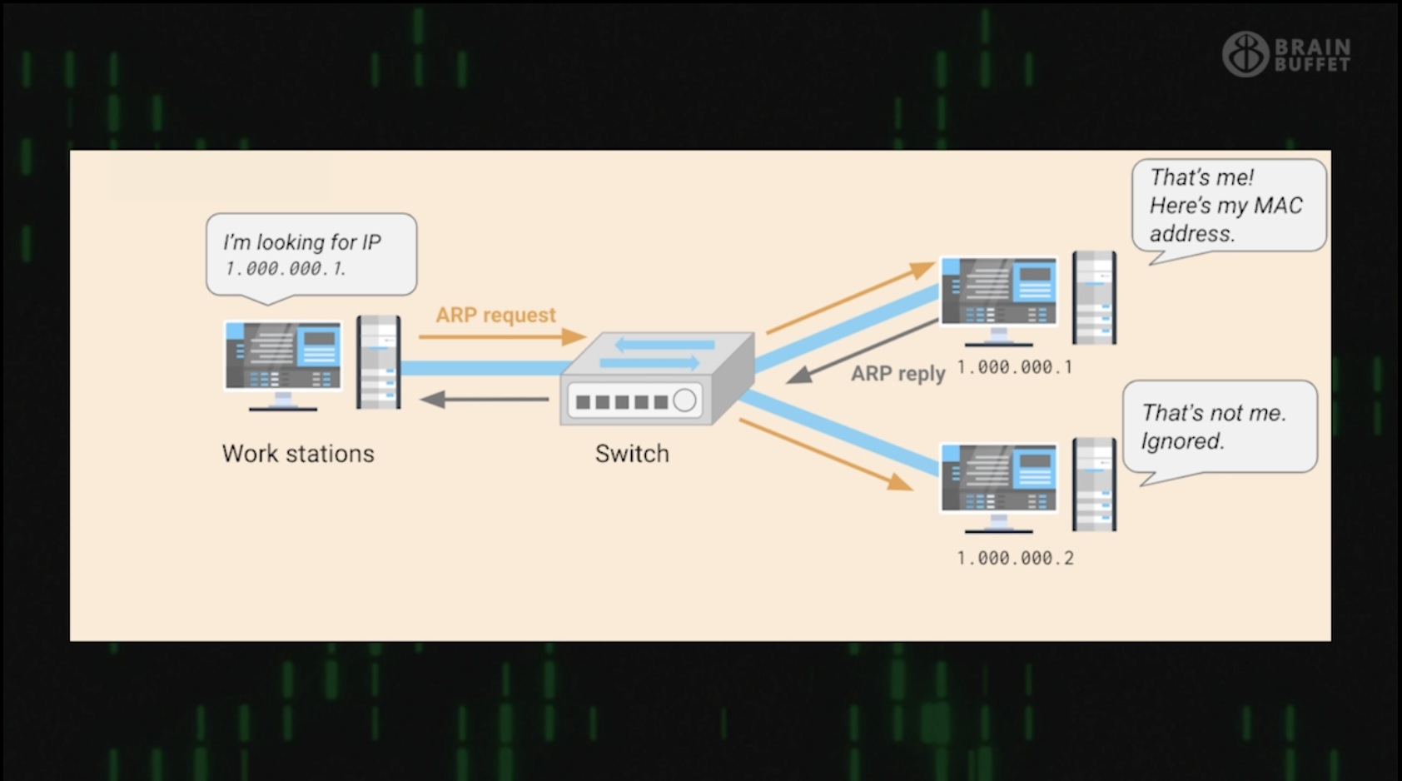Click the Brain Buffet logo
point(1286,54)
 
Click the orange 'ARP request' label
point(495,315)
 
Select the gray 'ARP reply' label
point(897,374)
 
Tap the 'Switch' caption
point(632,454)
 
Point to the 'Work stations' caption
point(298,454)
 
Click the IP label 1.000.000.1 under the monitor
point(1015,367)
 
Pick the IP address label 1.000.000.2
point(1015,559)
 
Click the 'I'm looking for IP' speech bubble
point(311,254)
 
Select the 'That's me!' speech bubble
point(1227,206)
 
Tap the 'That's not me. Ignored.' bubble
point(1219,426)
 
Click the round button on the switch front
point(684,400)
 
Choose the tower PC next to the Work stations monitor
point(379,362)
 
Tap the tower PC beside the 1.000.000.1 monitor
point(1094,297)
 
